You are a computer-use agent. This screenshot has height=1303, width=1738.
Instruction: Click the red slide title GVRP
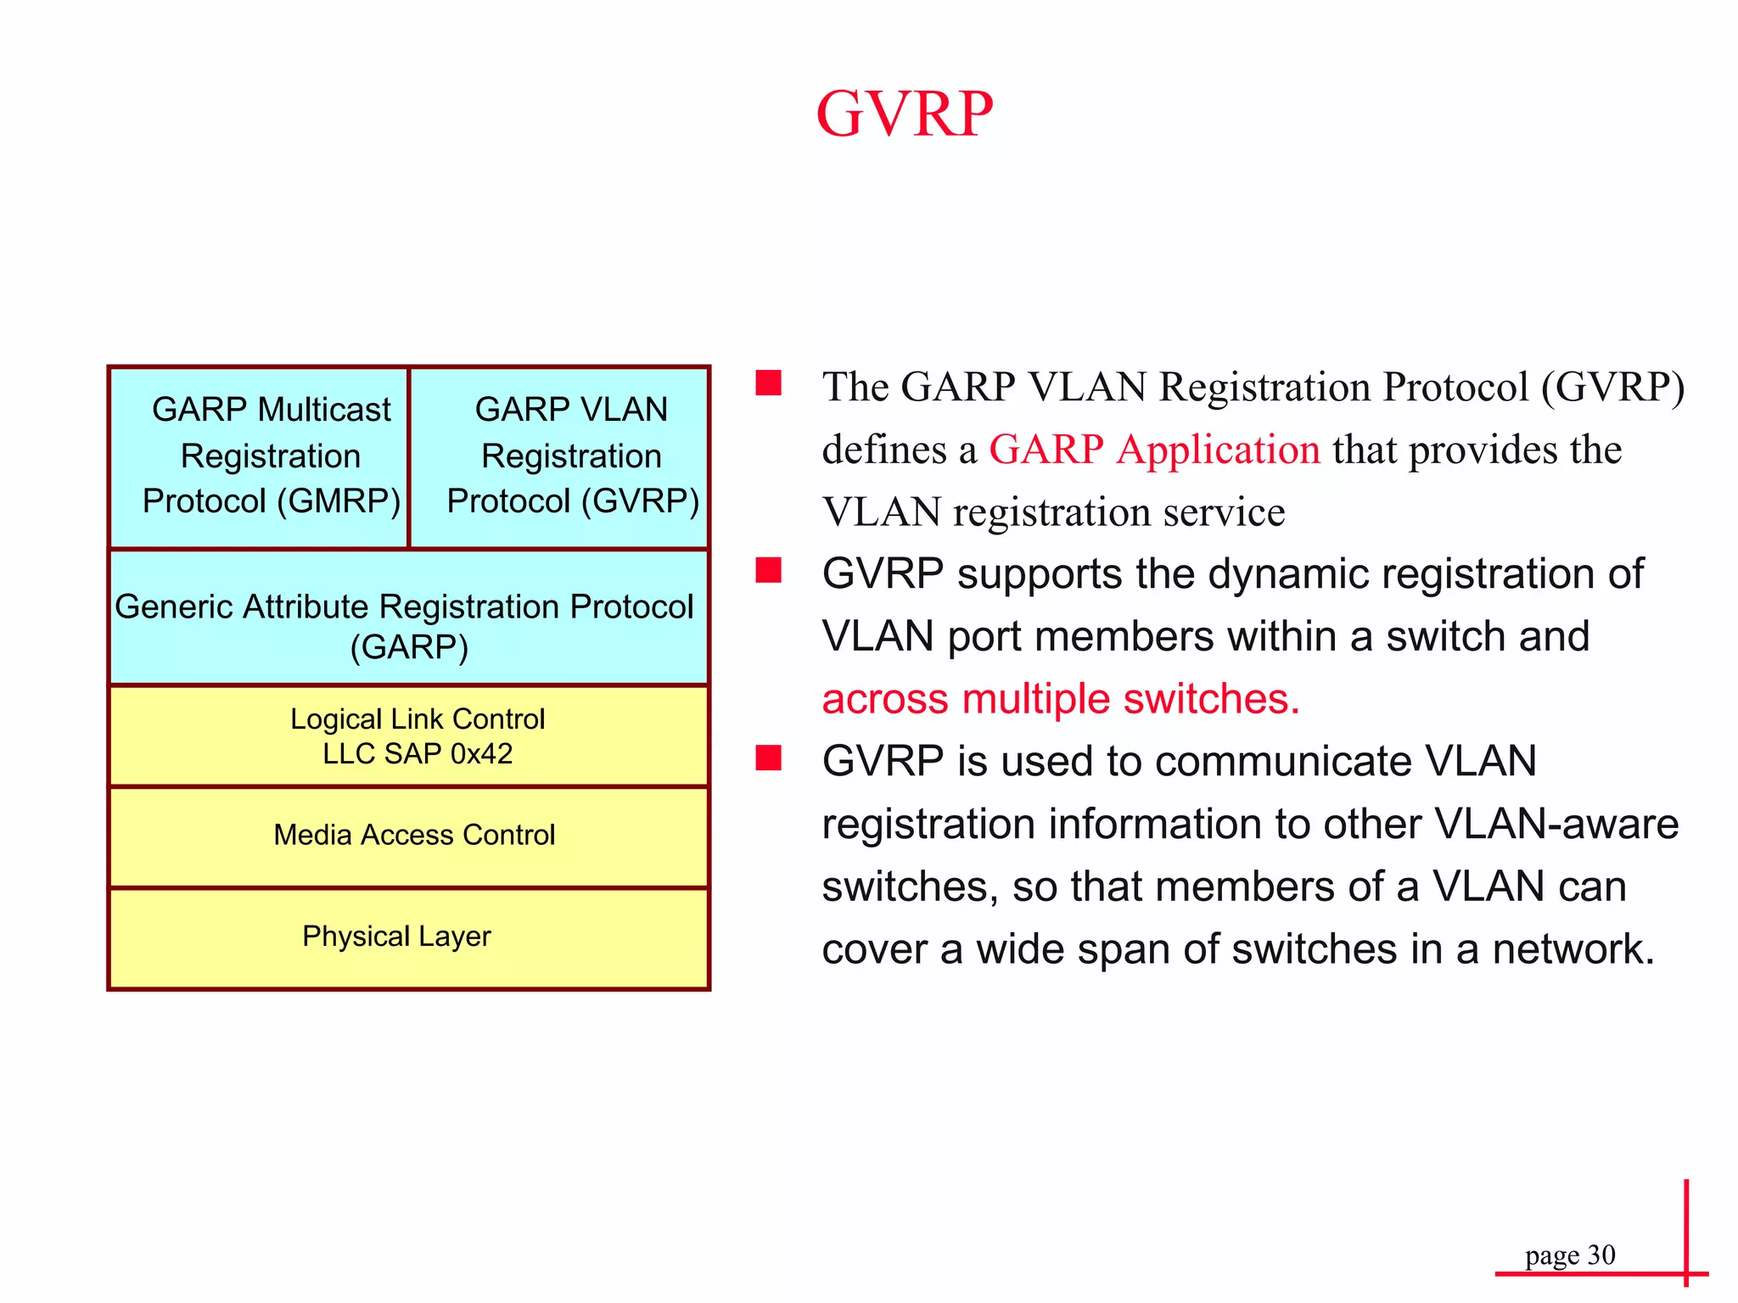904,114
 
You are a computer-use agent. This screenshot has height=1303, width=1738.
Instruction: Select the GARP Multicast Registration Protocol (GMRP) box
259,456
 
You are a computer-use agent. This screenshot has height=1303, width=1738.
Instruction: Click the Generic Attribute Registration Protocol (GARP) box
408,618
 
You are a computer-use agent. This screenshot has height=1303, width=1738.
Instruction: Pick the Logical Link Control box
408,735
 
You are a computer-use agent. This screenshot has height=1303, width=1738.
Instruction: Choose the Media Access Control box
408,836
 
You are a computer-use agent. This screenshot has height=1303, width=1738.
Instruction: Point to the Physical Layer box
408,937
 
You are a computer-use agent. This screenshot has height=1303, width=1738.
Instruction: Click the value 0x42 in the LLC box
481,754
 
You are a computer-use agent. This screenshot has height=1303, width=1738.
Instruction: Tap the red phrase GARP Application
1154,450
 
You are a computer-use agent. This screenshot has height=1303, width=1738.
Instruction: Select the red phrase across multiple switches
1061,699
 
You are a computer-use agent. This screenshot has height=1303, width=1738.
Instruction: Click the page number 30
1601,1255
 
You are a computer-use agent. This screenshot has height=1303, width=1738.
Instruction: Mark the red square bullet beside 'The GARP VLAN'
769,383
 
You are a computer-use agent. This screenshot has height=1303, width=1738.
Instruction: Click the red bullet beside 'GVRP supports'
769,570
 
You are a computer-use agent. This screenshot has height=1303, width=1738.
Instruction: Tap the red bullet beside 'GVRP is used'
769,757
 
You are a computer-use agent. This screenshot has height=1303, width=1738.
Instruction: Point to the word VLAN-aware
1556,824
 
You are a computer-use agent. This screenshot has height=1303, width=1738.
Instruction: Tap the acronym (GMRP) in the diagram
339,501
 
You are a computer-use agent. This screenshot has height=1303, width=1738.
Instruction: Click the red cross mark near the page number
1686,1272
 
